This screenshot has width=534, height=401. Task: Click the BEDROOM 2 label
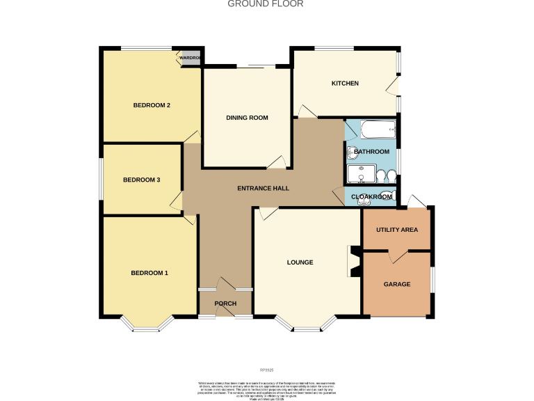coord(152,106)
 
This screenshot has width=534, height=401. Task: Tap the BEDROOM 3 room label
coord(141,180)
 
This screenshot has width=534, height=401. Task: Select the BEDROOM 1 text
coord(149,273)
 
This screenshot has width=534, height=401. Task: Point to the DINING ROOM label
coord(247,118)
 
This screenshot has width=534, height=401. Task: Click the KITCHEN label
coord(345,84)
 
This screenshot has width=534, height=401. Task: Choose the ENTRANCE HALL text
coord(263,188)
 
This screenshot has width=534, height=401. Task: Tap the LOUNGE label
coord(300,262)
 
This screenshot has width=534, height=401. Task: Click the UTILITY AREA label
coord(396,229)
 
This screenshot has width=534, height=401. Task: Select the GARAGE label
coord(397,284)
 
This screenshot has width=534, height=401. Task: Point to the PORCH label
coord(225,304)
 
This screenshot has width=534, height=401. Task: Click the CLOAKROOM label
coord(371,197)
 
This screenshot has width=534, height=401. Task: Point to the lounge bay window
coord(306,324)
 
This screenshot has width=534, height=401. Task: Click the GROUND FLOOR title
coord(266,4)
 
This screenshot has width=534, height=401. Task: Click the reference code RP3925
coord(267,370)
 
